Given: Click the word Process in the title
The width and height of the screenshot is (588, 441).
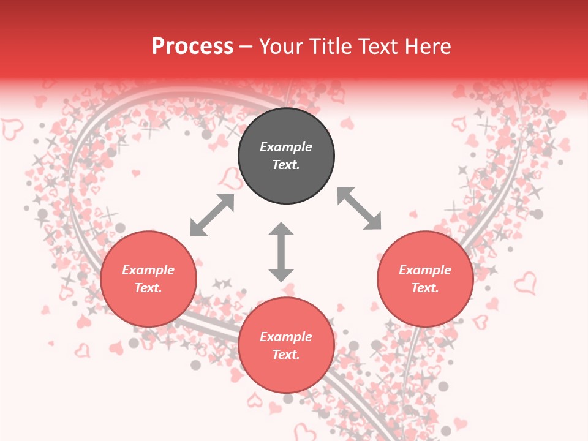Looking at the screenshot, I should click(192, 47).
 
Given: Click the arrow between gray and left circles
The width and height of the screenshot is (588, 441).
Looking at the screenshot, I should click(212, 215).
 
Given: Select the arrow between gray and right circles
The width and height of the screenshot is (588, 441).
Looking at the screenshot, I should click(360, 208).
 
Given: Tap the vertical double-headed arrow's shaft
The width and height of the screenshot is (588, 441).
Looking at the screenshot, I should click(281, 252).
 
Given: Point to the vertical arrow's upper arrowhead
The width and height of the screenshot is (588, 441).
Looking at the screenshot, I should click(281, 230).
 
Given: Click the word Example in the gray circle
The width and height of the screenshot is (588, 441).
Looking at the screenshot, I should click(286, 147).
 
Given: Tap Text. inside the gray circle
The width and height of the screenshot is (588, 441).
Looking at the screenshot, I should click(286, 165).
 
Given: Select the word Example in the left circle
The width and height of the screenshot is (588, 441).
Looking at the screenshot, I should click(148, 270).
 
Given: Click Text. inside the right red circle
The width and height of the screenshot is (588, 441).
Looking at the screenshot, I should click(425, 288).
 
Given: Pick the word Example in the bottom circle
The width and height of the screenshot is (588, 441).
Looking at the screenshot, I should click(286, 337).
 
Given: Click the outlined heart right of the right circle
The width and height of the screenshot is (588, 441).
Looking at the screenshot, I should click(525, 283).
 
